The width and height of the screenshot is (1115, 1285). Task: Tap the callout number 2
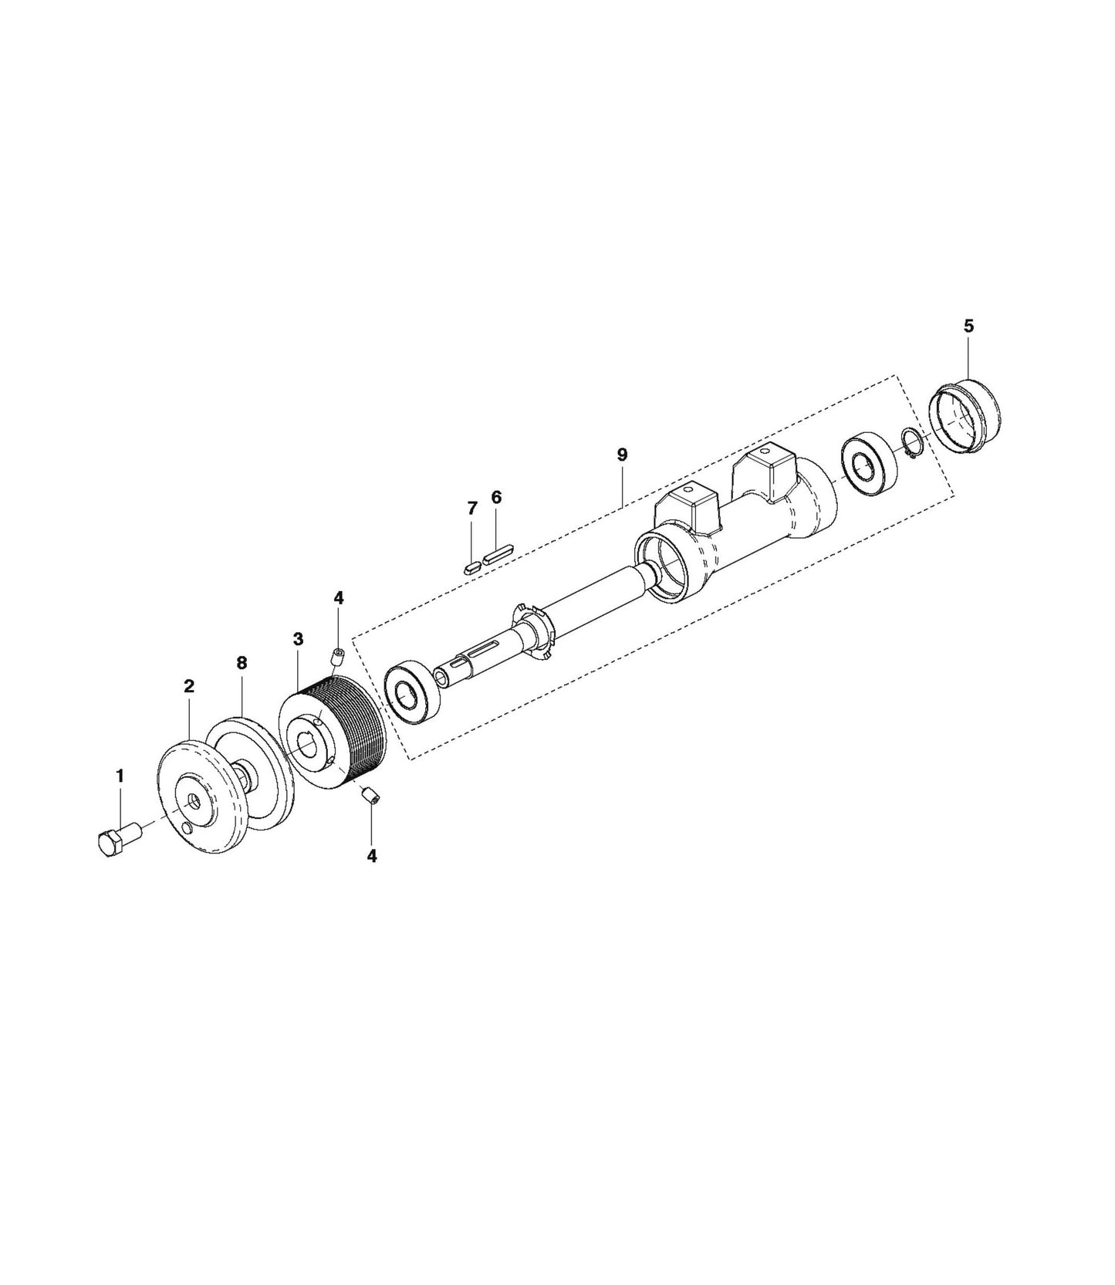(188, 686)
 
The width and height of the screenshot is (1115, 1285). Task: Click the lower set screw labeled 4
(370, 795)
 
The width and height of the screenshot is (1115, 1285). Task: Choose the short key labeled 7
(471, 566)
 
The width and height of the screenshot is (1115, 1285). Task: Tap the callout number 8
(242, 663)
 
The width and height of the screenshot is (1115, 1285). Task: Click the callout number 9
(622, 455)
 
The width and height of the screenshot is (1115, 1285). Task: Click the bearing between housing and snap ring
(870, 465)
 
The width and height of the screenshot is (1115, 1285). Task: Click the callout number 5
(968, 326)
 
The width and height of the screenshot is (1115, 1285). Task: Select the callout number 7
(472, 508)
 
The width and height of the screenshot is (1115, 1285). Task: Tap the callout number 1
(120, 775)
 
